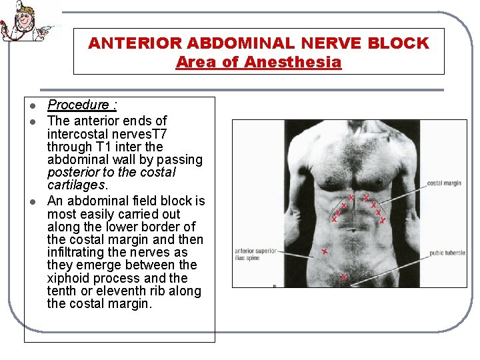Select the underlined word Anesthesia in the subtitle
pos(293,63)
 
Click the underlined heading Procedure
pos(79,105)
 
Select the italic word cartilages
pos(77,185)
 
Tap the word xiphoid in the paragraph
pos(68,278)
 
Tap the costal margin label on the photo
pos(443,183)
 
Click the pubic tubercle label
pos(447,253)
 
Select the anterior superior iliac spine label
pos(255,254)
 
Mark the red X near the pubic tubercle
pos(344,276)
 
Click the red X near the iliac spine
pos(324,252)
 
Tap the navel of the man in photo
pos(354,233)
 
